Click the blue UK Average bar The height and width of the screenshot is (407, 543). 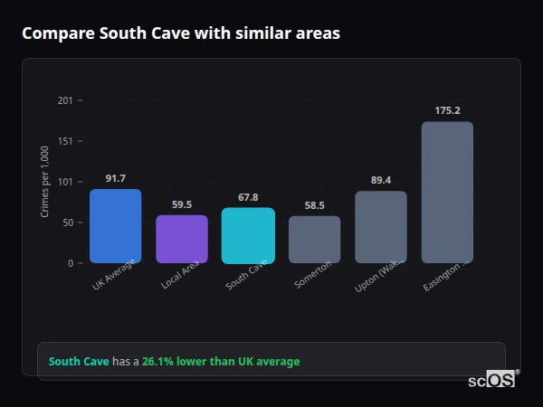(115, 226)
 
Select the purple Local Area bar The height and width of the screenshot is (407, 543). (182, 239)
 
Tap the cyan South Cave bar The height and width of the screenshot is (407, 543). (248, 235)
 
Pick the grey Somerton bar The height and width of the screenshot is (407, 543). (314, 240)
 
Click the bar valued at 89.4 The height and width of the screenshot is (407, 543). (381, 227)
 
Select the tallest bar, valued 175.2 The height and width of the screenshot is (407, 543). (447, 192)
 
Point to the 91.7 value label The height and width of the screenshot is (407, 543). (116, 178)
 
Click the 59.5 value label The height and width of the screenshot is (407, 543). (182, 204)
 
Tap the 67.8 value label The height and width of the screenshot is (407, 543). (248, 197)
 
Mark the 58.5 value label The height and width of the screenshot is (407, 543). (314, 205)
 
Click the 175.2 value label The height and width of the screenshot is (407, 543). (447, 110)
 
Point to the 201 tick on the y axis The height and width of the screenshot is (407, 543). (64, 100)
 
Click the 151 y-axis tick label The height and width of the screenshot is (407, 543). (64, 141)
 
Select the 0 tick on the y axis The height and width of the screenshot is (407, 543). (69, 263)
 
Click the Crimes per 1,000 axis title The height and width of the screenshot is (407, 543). (44, 182)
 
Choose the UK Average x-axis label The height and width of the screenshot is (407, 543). (113, 276)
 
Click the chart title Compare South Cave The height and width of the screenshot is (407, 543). (181, 33)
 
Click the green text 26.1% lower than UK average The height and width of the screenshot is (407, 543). (220, 362)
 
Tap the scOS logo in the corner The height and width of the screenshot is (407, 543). (492, 380)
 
